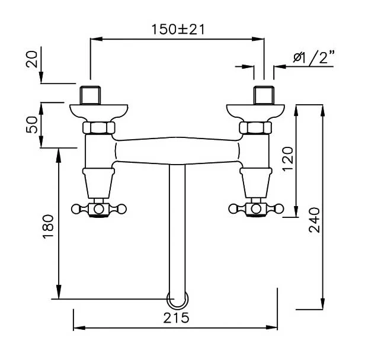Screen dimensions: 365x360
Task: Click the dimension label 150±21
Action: point(178,30)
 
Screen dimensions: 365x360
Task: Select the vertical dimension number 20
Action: point(31,59)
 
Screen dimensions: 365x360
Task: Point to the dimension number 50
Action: point(31,125)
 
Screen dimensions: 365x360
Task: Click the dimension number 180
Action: point(48,226)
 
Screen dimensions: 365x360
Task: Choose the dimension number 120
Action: point(288,159)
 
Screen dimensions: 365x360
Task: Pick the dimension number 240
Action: point(314,220)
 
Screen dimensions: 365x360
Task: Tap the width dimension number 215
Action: point(176,318)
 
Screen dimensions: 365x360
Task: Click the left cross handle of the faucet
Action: point(99,209)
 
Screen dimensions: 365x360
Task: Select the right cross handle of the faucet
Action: point(256,209)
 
